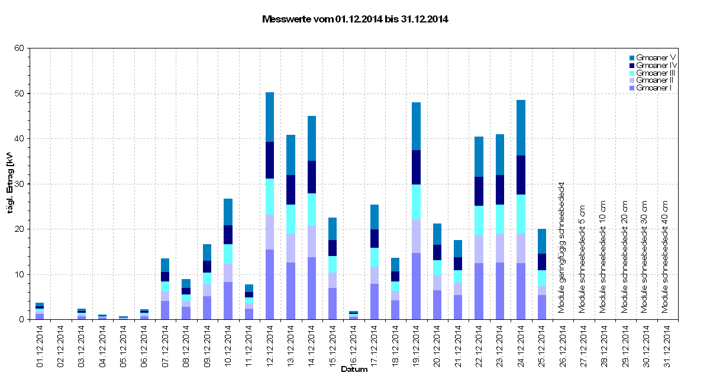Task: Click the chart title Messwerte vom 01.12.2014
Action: point(355,19)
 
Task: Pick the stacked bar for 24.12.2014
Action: point(521,210)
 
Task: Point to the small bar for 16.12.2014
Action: point(353,315)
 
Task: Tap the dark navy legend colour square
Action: point(632,65)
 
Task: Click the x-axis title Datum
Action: point(354,370)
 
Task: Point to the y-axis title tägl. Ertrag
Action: point(10,183)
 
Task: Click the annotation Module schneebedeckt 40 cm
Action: point(666,256)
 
